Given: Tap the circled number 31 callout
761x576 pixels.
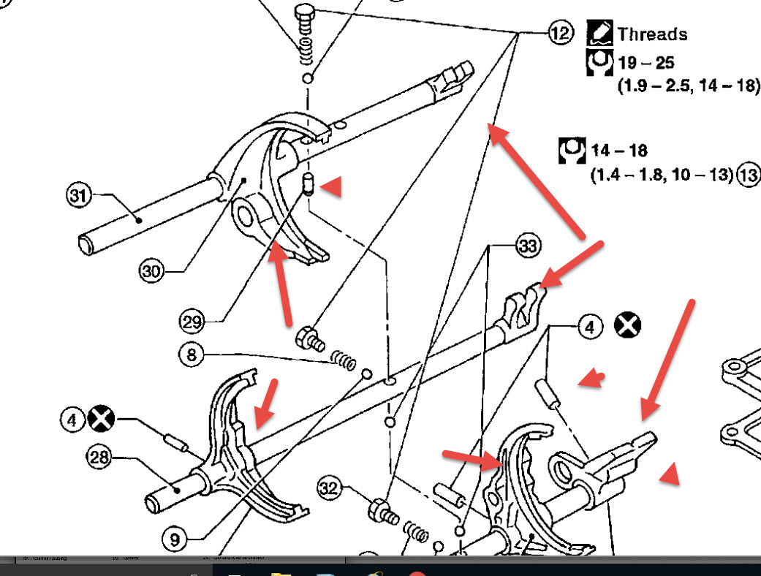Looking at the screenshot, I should coord(78,196).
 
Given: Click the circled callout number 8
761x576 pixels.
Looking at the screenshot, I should coord(191,356).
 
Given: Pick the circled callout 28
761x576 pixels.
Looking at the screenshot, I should coord(99,458).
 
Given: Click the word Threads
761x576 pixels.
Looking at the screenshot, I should coord(652,34).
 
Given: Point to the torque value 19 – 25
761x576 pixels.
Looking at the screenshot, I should coord(645,63).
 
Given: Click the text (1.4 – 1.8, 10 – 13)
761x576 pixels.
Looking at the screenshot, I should coord(661,175).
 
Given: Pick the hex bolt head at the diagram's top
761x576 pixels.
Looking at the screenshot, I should coord(303,13).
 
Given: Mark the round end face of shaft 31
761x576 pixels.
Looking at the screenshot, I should coord(88,243).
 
